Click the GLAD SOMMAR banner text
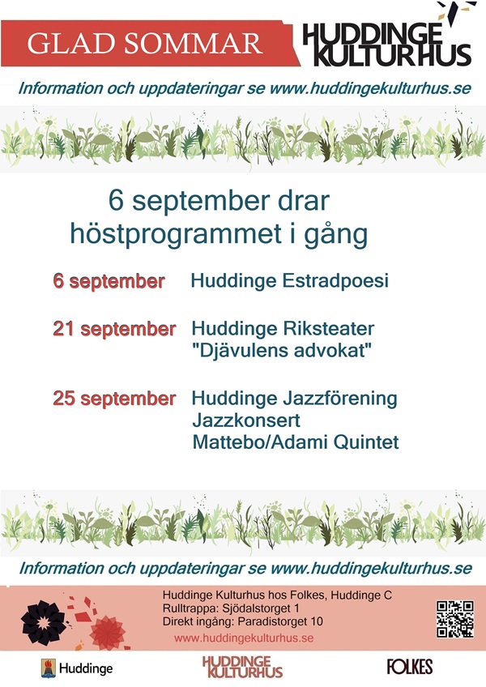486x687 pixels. click(145, 43)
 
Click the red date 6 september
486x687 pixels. click(109, 281)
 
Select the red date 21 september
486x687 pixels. click(114, 329)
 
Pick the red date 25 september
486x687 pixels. click(114, 399)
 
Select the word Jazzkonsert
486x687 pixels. click(246, 420)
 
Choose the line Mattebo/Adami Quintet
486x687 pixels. click(296, 442)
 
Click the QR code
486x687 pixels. click(455, 619)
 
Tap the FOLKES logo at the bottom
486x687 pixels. click(410, 667)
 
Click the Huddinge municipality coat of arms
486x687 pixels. click(49, 668)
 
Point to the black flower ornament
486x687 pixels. click(43, 622)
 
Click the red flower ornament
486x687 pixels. click(108, 633)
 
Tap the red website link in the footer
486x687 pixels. click(244, 638)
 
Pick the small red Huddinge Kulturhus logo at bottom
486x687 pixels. click(242, 667)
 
